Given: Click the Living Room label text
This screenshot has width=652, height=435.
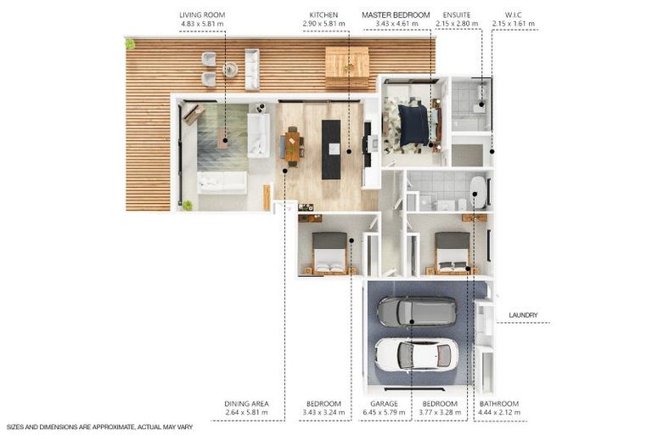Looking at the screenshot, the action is (x=202, y=15).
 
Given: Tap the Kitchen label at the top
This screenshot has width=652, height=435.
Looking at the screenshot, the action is (x=323, y=15).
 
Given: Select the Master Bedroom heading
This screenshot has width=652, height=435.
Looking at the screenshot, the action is (x=396, y=15).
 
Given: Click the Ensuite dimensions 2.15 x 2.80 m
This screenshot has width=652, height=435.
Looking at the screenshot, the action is (x=457, y=24).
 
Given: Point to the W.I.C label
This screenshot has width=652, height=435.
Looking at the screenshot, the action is (x=513, y=15).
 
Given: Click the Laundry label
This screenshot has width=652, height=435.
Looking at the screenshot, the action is (x=523, y=315).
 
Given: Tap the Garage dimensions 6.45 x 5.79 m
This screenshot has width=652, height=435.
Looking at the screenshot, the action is (x=384, y=413).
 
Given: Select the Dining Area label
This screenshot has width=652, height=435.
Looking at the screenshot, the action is (x=246, y=404).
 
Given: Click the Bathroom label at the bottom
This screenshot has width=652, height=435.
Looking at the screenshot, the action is (x=499, y=404).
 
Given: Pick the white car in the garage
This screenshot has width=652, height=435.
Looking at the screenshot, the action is (x=416, y=354).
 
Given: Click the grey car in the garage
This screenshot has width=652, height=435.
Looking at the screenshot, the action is (x=416, y=311).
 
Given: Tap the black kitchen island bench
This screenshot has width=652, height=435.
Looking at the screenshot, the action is (x=331, y=150).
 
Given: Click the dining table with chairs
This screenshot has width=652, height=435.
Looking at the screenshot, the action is (x=292, y=146).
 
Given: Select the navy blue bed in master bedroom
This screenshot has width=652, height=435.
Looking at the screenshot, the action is (x=413, y=125).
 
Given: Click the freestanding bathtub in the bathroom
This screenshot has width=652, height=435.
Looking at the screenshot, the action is (x=478, y=192).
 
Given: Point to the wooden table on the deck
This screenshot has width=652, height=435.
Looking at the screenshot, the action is (x=346, y=67).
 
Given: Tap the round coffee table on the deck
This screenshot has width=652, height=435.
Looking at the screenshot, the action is (x=230, y=69).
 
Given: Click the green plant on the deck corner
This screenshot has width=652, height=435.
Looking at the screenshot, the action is (x=130, y=43).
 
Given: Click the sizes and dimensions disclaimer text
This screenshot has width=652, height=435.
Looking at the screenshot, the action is (x=100, y=427).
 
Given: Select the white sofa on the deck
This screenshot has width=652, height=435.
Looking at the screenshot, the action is (x=252, y=69).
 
